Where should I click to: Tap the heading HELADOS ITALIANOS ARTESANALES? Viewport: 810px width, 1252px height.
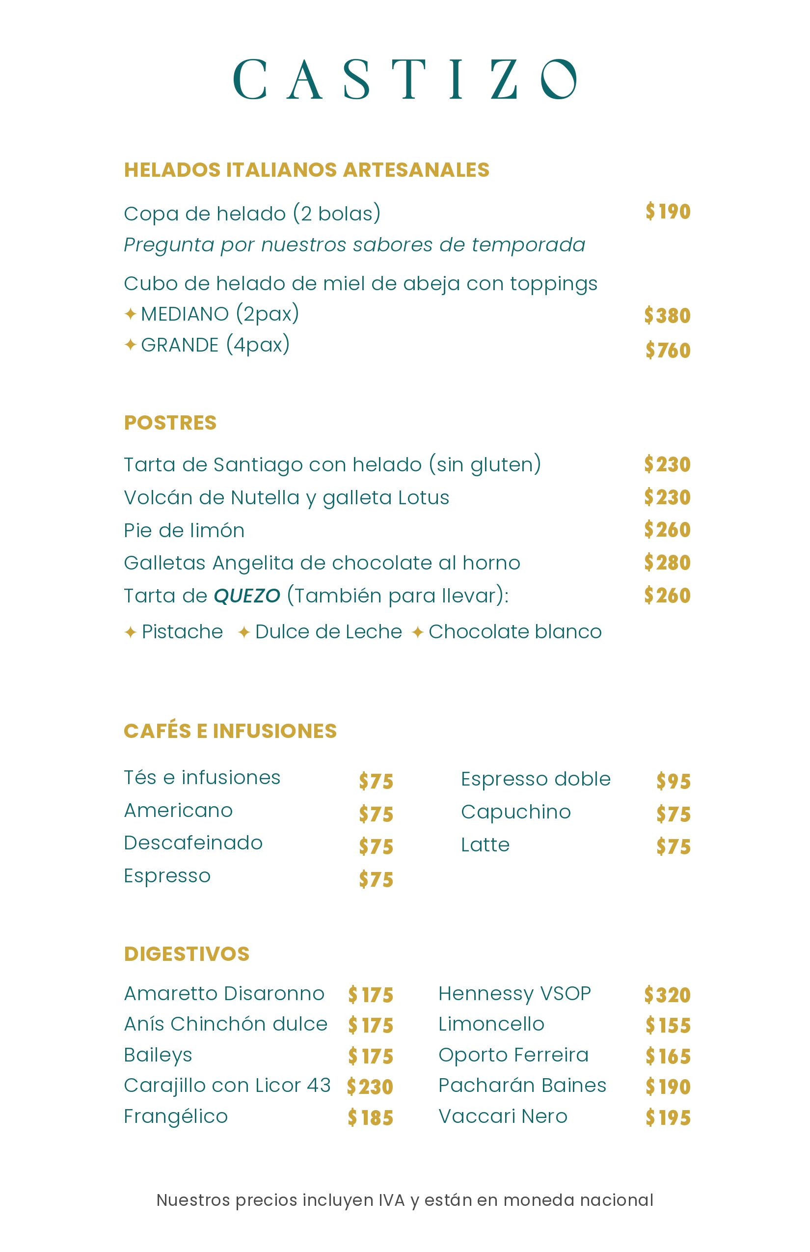(307, 170)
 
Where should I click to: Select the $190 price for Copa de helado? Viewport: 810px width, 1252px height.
(668, 212)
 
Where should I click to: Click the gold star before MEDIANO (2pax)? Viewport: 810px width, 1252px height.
(131, 314)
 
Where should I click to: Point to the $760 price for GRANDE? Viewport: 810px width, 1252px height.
(668, 351)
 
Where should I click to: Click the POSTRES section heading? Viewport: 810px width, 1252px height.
(170, 422)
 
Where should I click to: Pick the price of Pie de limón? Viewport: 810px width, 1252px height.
(667, 530)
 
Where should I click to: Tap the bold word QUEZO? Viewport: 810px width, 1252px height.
(246, 596)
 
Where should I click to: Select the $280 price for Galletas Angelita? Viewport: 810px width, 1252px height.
(667, 563)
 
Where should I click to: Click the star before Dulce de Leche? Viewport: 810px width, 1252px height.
(243, 632)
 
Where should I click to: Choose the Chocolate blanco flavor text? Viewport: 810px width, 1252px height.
(514, 632)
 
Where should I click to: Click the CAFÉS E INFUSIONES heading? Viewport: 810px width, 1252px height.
(230, 731)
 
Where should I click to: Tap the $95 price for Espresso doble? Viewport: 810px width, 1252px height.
(673, 781)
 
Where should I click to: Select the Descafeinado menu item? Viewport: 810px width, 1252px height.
(193, 843)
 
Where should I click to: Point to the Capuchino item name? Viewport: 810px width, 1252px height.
(515, 812)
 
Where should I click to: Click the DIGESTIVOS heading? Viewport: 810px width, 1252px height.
(187, 953)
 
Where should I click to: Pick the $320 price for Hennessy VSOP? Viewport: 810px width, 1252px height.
(667, 995)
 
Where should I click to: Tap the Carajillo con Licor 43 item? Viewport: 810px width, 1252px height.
(227, 1085)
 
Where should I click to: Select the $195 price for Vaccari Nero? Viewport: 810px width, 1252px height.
(668, 1118)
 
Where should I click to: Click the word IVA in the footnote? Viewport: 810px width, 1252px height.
(392, 1200)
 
